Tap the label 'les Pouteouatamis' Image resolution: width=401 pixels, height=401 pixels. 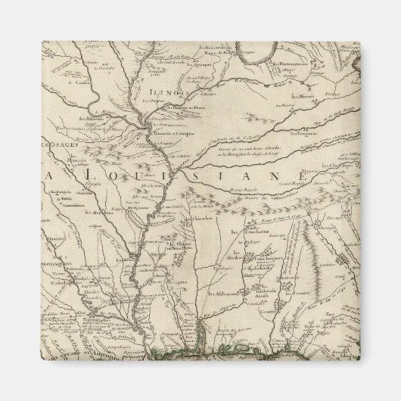coord(287,65)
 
